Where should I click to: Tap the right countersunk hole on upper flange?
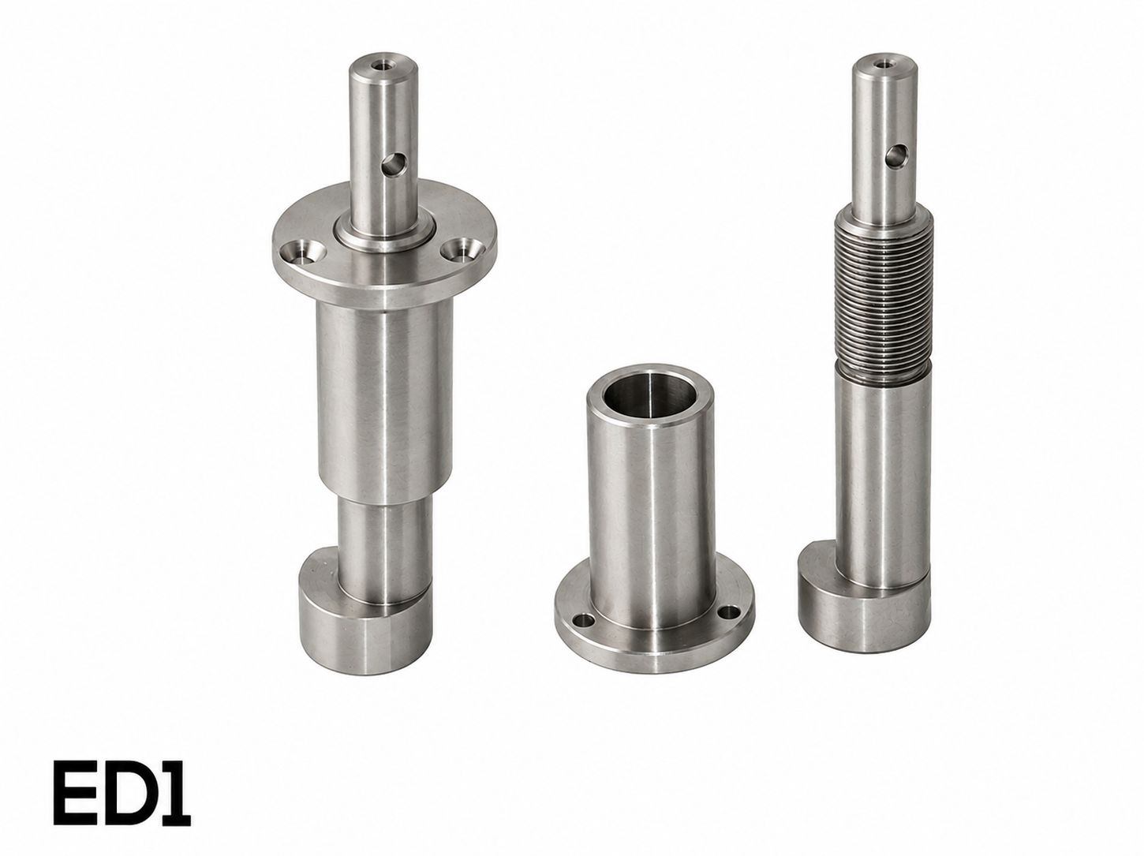click(459, 247)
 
